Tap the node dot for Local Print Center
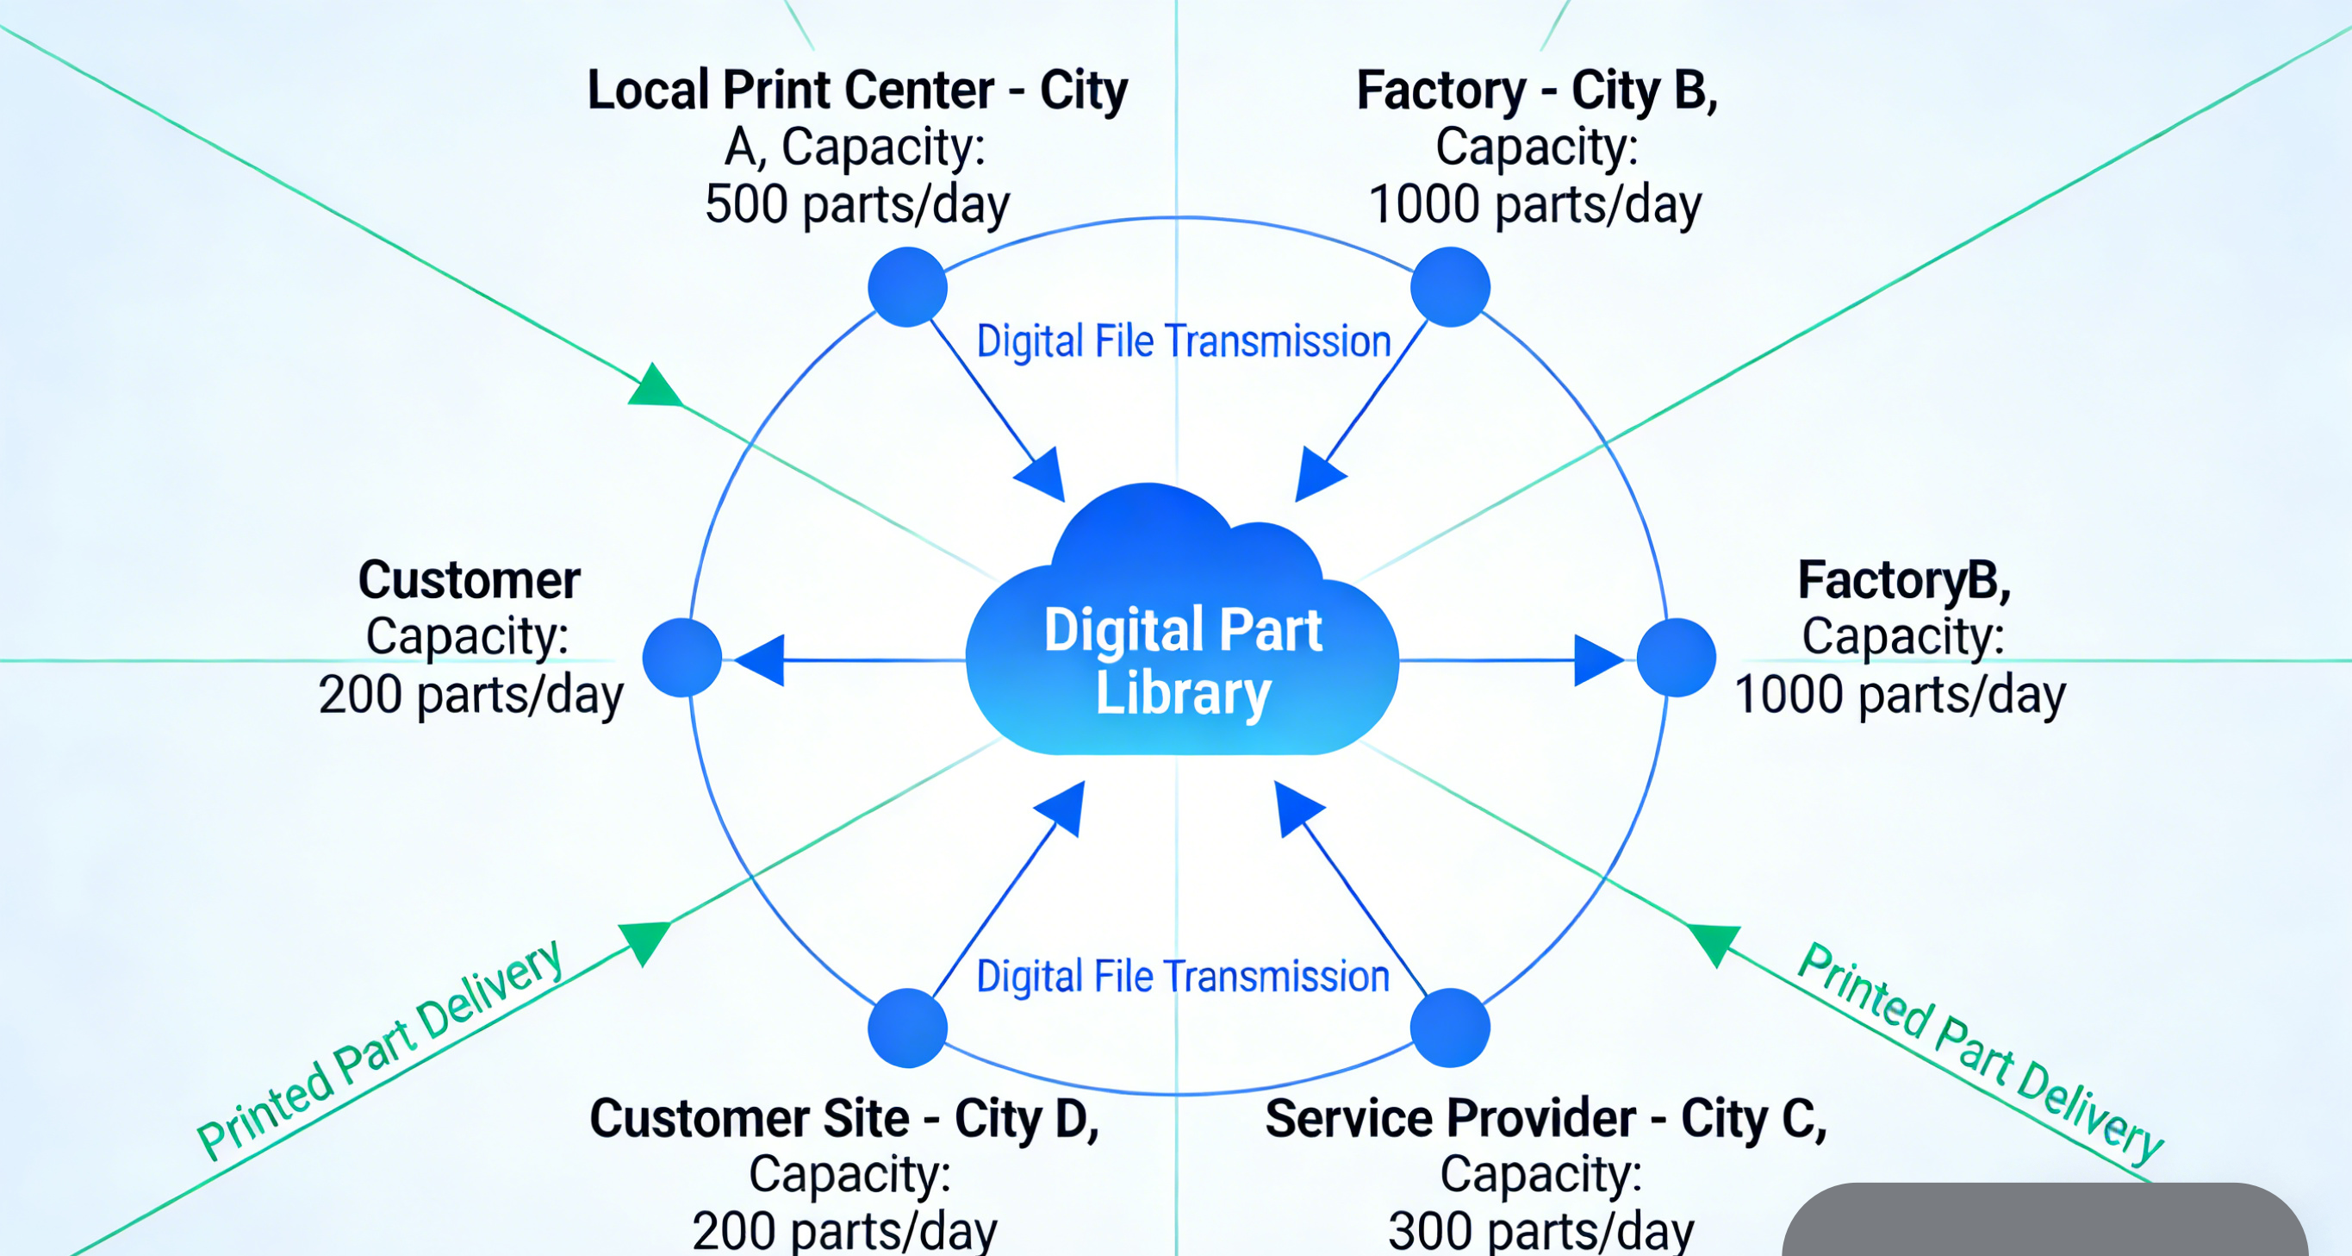coord(906,287)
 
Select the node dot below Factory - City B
coord(1450,287)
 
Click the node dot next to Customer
coord(682,658)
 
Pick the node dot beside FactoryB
coord(1677,658)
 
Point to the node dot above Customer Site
coord(906,1028)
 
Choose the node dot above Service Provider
coord(1450,1028)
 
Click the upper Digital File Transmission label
coord(1183,341)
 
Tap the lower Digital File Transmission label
coord(1183,977)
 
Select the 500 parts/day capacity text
coord(856,203)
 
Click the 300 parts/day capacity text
coord(1541,1231)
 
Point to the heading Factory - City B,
coord(1537,91)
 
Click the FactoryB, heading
coord(1904,580)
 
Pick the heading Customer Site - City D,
coord(844,1118)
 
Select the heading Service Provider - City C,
coord(1546,1118)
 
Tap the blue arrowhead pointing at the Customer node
coord(762,659)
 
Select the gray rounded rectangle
coord(2045,1222)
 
